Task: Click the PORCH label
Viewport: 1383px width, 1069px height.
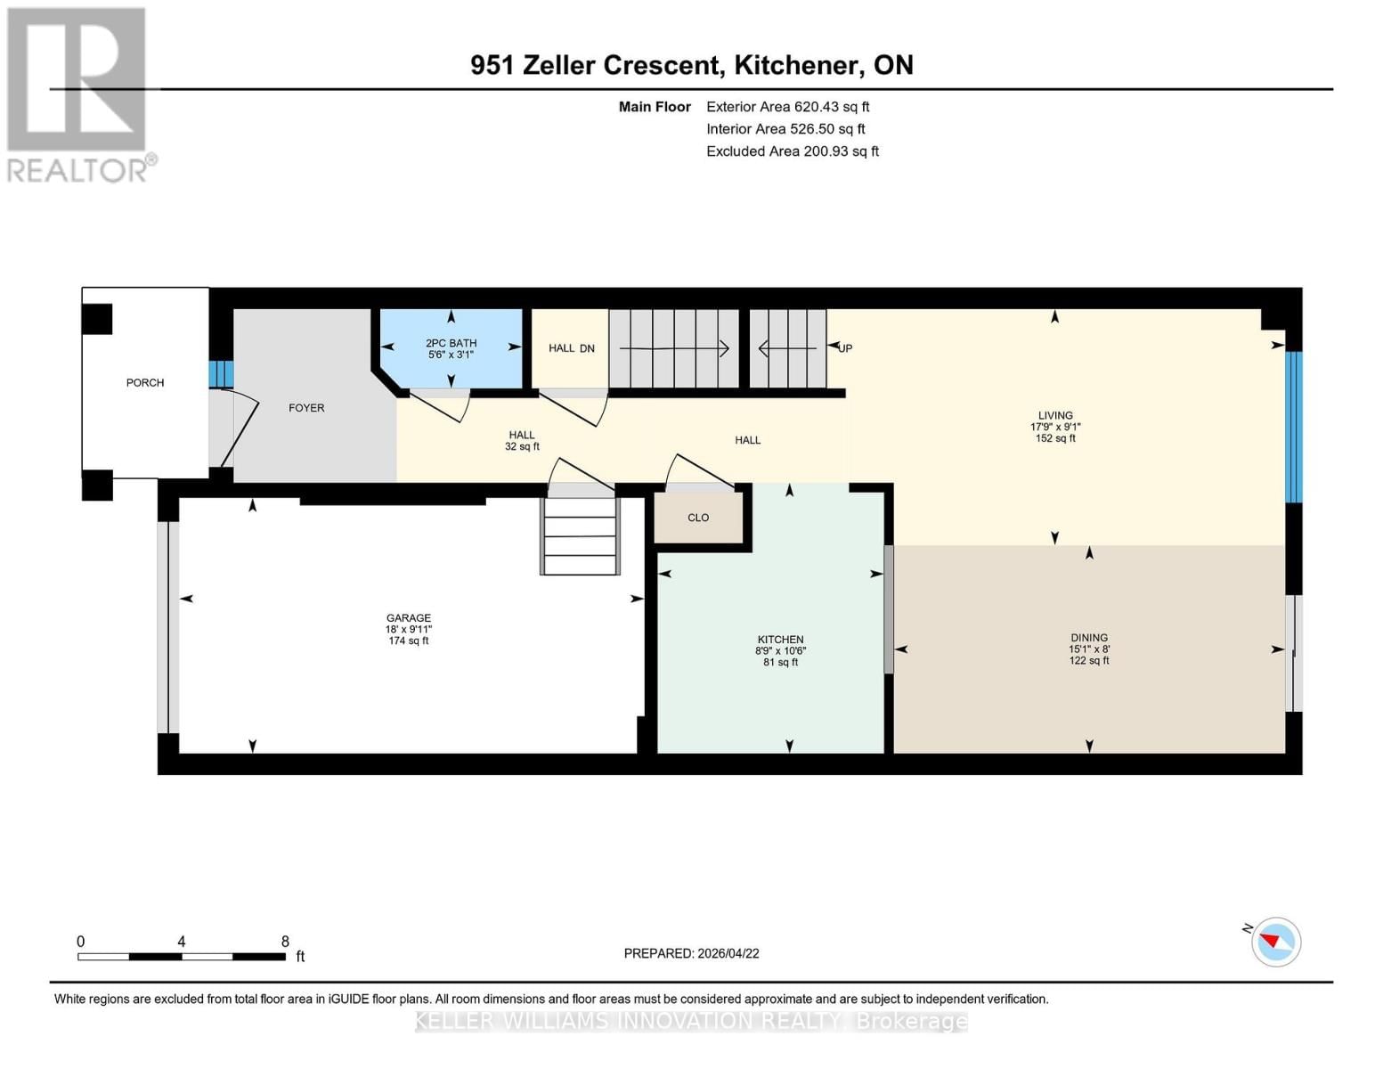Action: (145, 383)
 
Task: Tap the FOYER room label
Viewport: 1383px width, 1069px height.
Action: (306, 408)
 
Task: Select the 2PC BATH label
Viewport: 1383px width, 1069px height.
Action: (451, 343)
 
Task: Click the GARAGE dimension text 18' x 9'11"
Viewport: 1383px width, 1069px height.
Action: (409, 630)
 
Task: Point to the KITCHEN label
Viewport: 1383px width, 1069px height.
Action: (780, 640)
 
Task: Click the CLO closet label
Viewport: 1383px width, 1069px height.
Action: (698, 518)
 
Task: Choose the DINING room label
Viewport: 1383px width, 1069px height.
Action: (1088, 638)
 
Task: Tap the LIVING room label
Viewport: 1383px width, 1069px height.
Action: (1055, 415)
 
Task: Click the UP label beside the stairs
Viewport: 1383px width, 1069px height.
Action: (845, 348)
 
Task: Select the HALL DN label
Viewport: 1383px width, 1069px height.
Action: (571, 348)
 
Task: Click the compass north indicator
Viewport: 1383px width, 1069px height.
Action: (1275, 941)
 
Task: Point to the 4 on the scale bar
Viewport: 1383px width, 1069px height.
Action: (182, 942)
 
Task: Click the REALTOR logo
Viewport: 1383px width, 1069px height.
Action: (78, 94)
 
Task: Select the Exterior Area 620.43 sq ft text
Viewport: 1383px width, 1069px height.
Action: (787, 107)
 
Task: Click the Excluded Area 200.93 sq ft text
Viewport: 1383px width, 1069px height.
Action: (792, 151)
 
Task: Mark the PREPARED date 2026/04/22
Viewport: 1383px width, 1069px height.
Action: (691, 953)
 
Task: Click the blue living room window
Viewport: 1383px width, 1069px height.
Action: (1293, 427)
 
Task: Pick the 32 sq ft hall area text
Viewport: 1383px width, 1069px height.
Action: (522, 446)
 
